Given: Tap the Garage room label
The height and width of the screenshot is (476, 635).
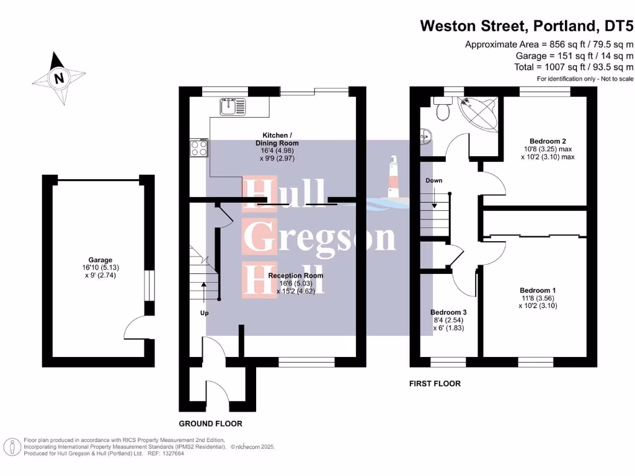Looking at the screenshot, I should (x=100, y=260).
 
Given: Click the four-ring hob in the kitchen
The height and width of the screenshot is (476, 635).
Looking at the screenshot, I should (x=199, y=148).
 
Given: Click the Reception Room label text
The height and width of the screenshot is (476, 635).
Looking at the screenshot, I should (x=296, y=275).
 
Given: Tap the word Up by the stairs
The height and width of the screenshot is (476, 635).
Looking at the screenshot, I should (x=204, y=313).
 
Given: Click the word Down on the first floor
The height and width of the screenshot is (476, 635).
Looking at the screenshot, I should (x=433, y=180).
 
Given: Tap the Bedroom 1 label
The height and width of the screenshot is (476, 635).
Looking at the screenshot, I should (x=538, y=290).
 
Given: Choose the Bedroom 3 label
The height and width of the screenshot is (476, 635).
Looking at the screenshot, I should (x=448, y=312).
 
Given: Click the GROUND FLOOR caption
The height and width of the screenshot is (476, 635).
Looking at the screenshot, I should (x=210, y=424).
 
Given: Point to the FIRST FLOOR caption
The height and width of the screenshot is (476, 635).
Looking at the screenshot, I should (x=435, y=384).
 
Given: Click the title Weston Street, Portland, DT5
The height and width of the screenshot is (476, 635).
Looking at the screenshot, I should (x=526, y=26).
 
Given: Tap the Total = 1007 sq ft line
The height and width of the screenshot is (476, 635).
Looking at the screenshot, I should (x=574, y=67).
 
